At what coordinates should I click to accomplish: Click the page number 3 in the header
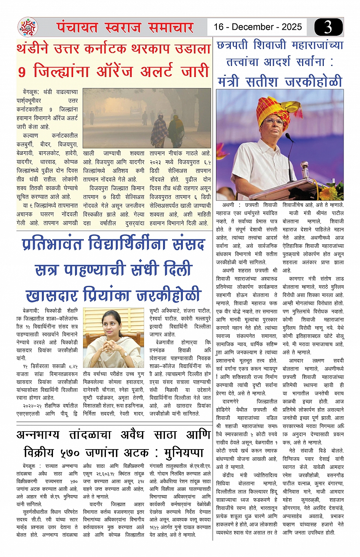(x=328, y=27)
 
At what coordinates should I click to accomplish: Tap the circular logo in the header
(x=28, y=27)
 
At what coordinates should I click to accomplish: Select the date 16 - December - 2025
(x=258, y=27)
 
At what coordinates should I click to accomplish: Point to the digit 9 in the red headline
(x=22, y=72)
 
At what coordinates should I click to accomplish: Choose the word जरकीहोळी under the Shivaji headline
(x=314, y=82)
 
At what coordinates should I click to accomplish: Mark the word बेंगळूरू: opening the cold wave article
(x=31, y=92)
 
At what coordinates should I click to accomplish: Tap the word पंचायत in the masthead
(x=78, y=27)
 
